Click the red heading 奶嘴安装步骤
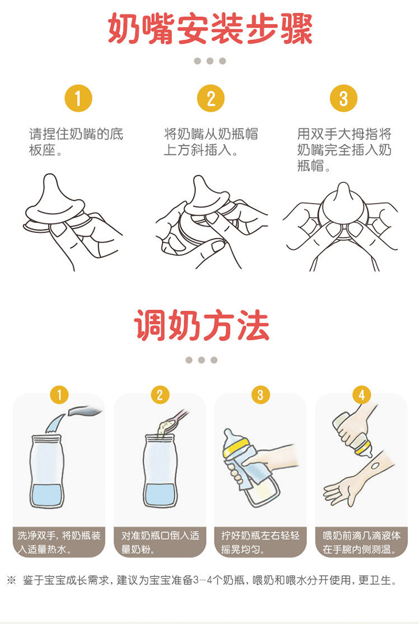[x=210, y=29]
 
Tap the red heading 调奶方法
[x=202, y=326]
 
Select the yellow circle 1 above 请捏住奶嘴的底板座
[x=78, y=98]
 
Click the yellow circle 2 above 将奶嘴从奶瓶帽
[x=211, y=98]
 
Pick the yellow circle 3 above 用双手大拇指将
[x=344, y=98]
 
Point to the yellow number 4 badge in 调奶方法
[x=361, y=395]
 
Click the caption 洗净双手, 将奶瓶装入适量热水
[x=59, y=542]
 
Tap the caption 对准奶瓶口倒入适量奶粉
[x=160, y=542]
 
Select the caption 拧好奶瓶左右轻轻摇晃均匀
[x=260, y=542]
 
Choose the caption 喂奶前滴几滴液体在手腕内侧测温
[x=361, y=542]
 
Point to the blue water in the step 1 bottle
[x=47, y=495]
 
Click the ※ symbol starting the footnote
[x=12, y=580]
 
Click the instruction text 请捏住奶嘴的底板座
[x=76, y=142]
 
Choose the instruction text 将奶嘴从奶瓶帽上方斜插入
[x=211, y=142]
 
